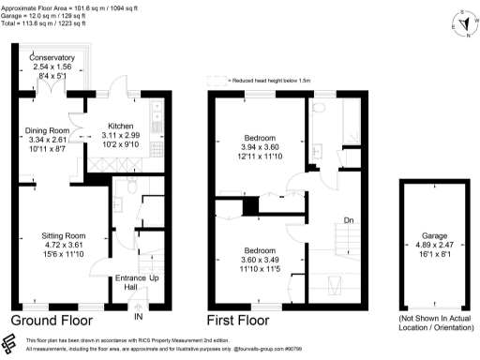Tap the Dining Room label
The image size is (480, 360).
pos(46,130)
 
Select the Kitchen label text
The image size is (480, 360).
pos(121,126)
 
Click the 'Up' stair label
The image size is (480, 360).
pos(154,278)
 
